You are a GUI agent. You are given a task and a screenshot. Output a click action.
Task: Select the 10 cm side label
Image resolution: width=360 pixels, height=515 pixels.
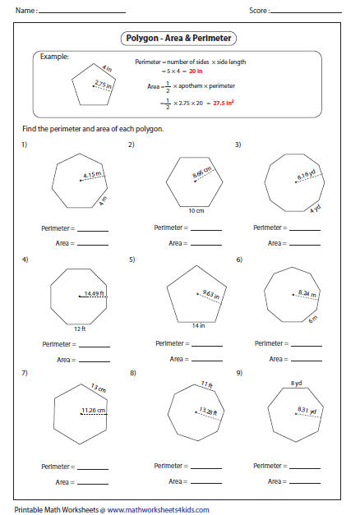(195, 211)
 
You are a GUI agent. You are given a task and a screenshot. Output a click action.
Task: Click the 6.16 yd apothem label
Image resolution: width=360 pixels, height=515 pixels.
(306, 175)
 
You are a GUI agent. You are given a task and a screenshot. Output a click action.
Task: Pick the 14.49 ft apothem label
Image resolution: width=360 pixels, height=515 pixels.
(95, 292)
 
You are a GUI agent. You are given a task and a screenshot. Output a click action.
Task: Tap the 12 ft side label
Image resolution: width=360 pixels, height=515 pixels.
(80, 329)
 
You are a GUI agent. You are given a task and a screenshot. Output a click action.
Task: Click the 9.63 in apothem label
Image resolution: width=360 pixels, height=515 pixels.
(214, 293)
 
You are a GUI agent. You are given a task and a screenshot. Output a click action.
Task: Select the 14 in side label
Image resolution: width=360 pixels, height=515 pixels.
(200, 327)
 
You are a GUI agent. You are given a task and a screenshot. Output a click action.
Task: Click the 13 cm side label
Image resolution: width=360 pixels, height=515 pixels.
(99, 387)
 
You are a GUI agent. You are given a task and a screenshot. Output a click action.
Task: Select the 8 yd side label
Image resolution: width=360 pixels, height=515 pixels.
(295, 383)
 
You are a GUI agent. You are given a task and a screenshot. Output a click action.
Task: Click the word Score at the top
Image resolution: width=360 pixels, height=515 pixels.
(258, 11)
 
